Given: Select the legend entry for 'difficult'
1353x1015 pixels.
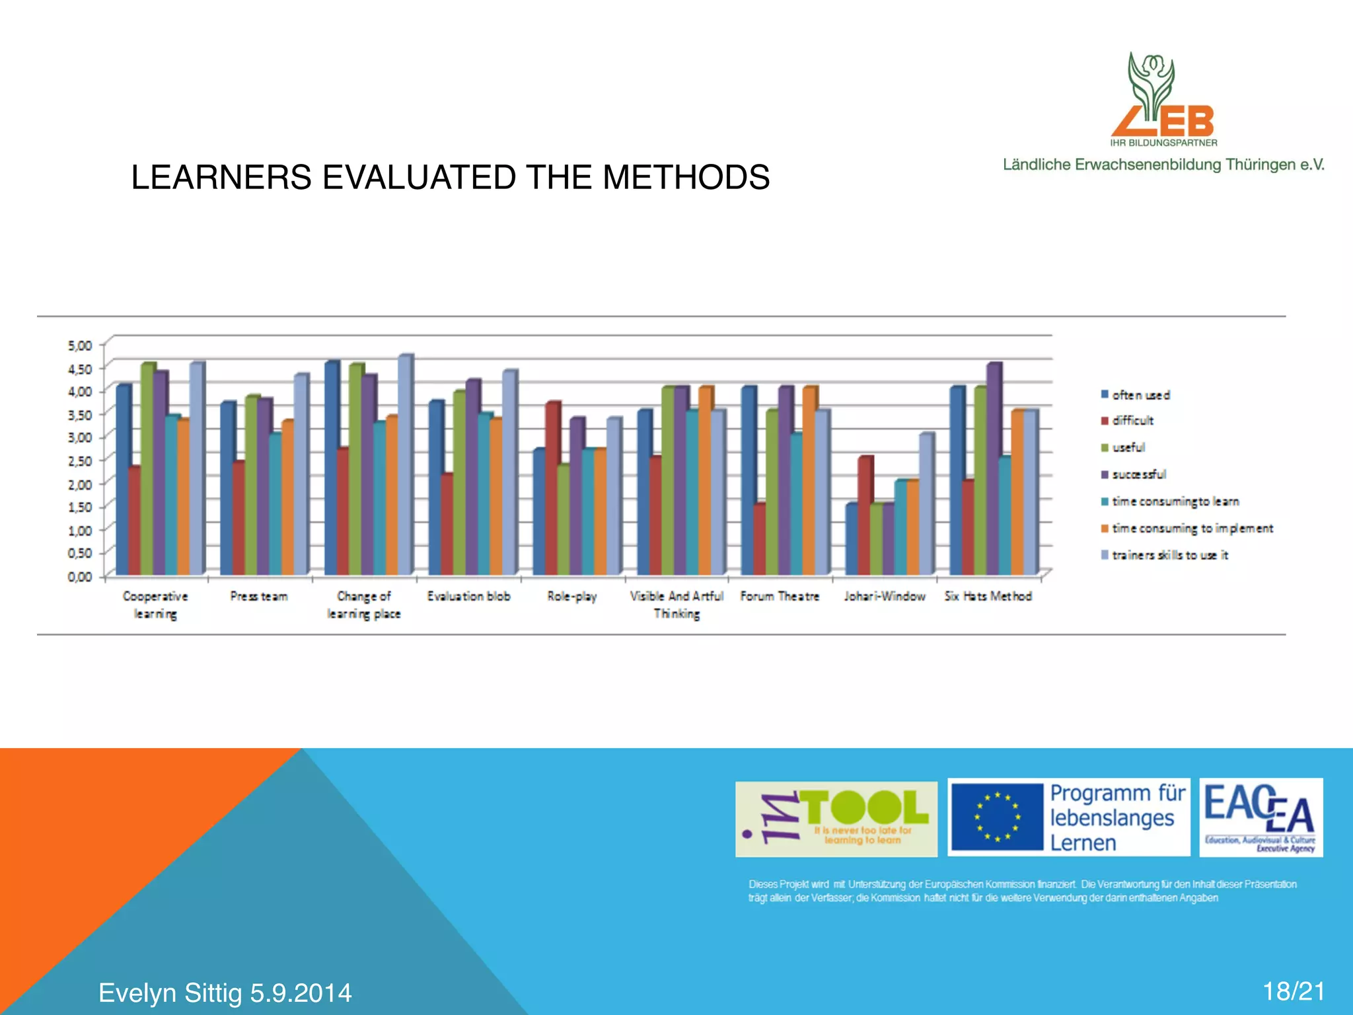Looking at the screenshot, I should coord(1132,421).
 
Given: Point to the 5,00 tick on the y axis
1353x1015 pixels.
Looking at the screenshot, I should coord(80,346).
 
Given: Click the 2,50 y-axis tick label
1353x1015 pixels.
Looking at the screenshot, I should coord(80,461).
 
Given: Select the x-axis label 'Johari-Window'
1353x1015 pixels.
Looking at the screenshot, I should coord(885,597).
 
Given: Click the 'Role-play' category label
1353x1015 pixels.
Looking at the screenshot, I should coord(572,597).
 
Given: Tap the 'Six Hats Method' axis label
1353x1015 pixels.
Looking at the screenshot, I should coord(988,597).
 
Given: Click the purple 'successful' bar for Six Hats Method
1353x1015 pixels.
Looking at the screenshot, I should coord(994,469).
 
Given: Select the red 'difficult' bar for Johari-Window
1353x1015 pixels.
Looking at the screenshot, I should coord(865,515).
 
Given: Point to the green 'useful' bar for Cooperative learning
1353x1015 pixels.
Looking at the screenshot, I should coord(147,469).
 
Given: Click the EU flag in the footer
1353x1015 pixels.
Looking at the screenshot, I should coord(997,817).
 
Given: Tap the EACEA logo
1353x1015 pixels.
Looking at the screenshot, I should coord(1261,817).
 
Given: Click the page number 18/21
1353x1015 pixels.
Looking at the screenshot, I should coord(1294,992).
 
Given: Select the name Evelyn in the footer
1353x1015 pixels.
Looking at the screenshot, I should coord(137,993).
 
